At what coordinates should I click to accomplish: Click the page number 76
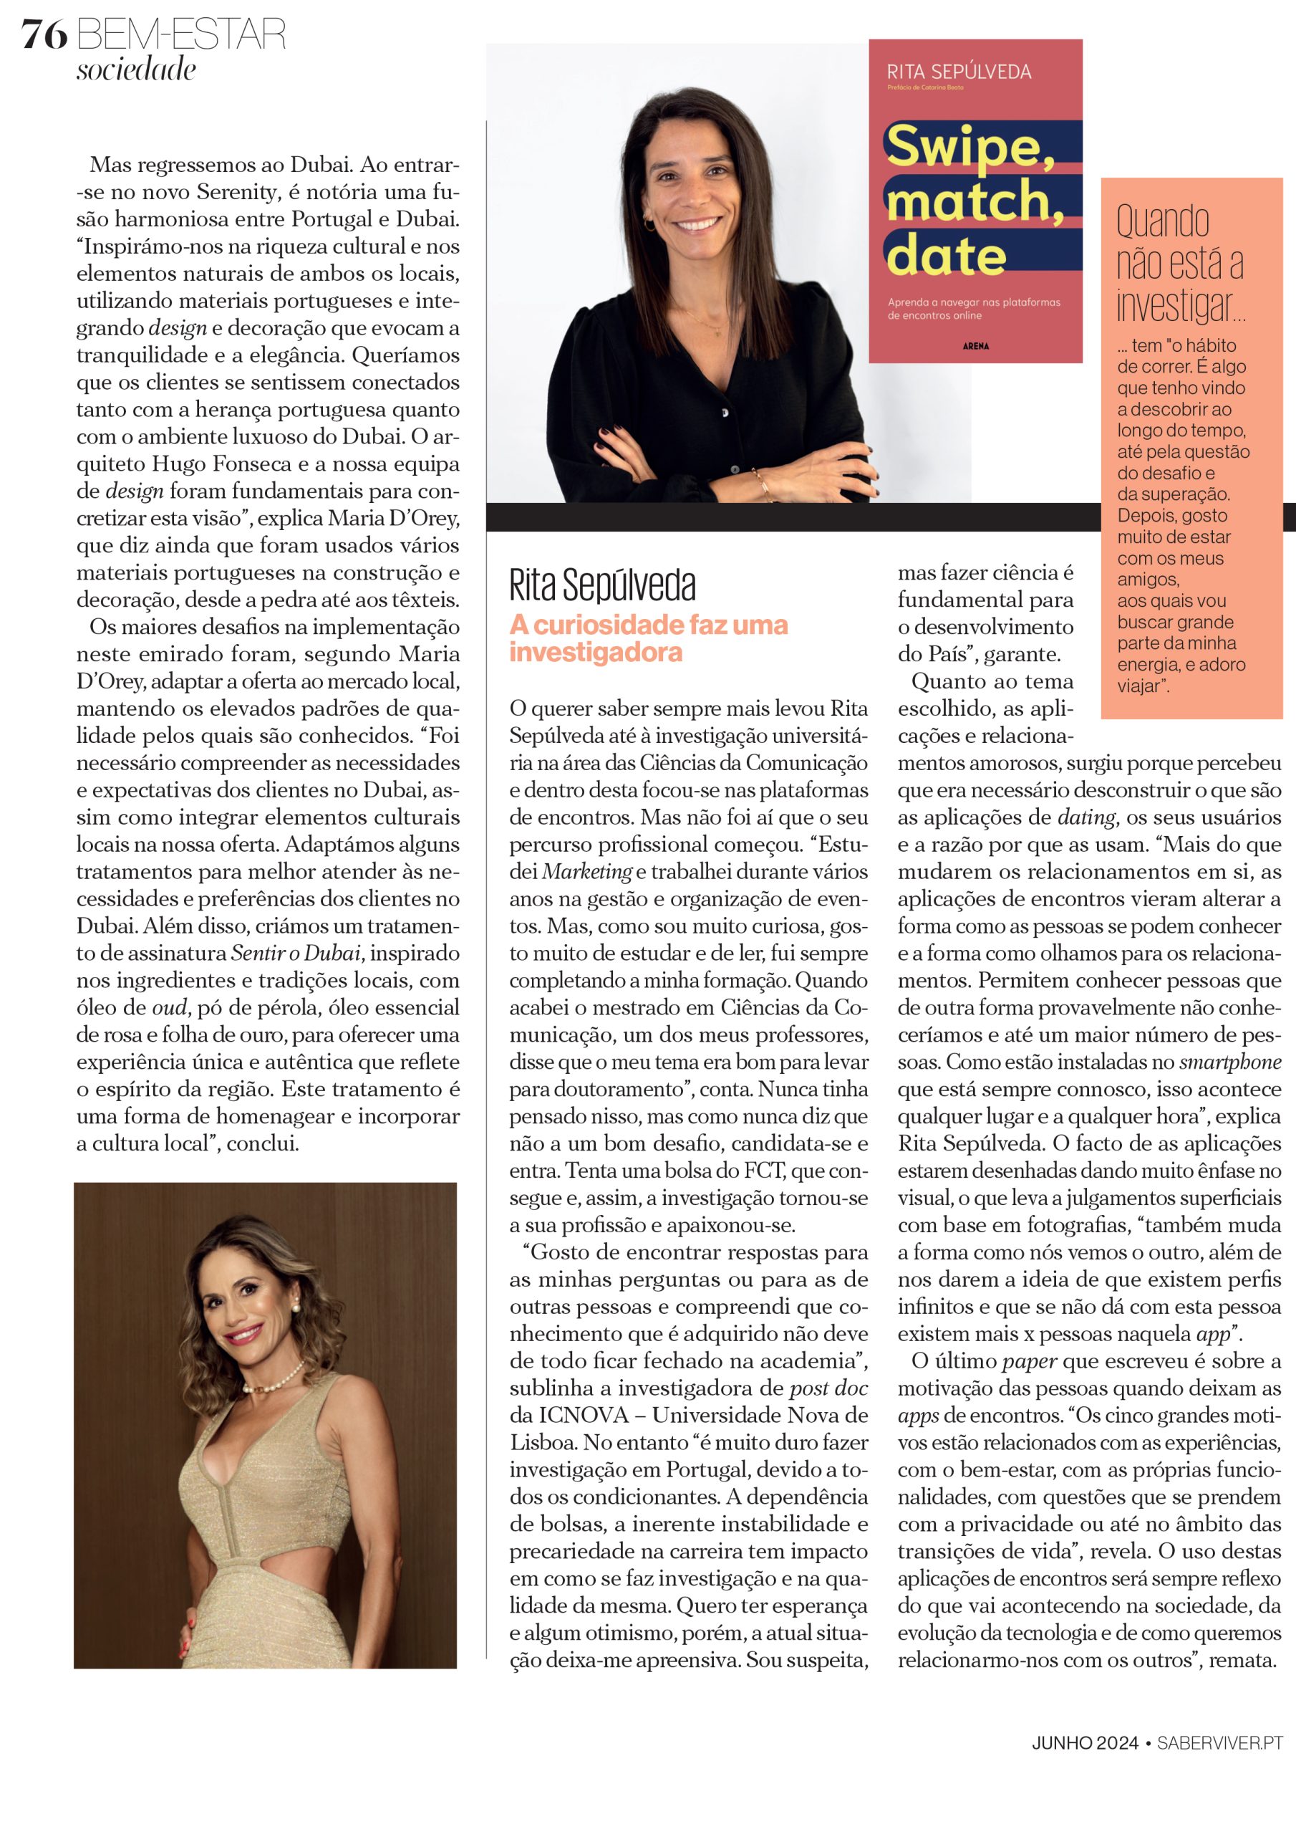[44, 35]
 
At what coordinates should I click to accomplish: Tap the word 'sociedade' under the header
[136, 69]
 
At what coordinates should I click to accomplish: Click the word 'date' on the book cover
[945, 256]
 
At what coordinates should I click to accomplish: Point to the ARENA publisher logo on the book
[975, 346]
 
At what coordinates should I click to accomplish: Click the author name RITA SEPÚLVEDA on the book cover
[958, 72]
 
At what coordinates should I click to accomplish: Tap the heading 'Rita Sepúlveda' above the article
[602, 585]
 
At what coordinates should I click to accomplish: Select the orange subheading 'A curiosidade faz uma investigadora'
[649, 638]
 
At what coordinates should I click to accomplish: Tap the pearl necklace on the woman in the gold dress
[276, 1384]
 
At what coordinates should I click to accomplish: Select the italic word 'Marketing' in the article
[587, 871]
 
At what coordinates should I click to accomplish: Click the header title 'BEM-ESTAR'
[181, 35]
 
